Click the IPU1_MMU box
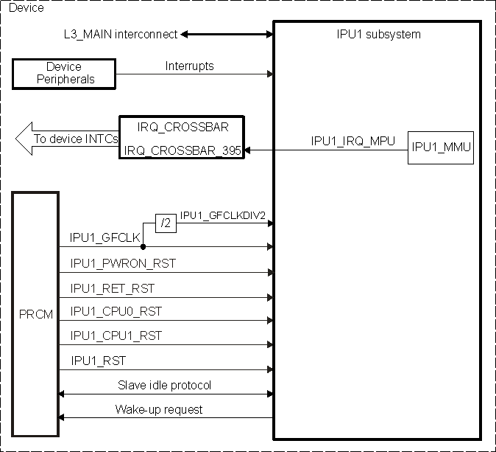[442, 147]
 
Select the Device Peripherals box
[64, 73]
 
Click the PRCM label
[35, 315]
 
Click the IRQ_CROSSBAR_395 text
[183, 150]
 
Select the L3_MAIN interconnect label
[121, 34]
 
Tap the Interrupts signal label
[189, 66]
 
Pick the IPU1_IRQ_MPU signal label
[353, 140]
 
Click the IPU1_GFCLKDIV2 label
[222, 215]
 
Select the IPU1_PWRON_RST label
[123, 262]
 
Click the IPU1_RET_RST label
[113, 288]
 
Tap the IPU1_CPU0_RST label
[116, 311]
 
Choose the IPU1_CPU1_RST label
[116, 335]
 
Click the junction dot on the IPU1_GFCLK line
[142, 247]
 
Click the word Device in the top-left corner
[25, 8]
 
